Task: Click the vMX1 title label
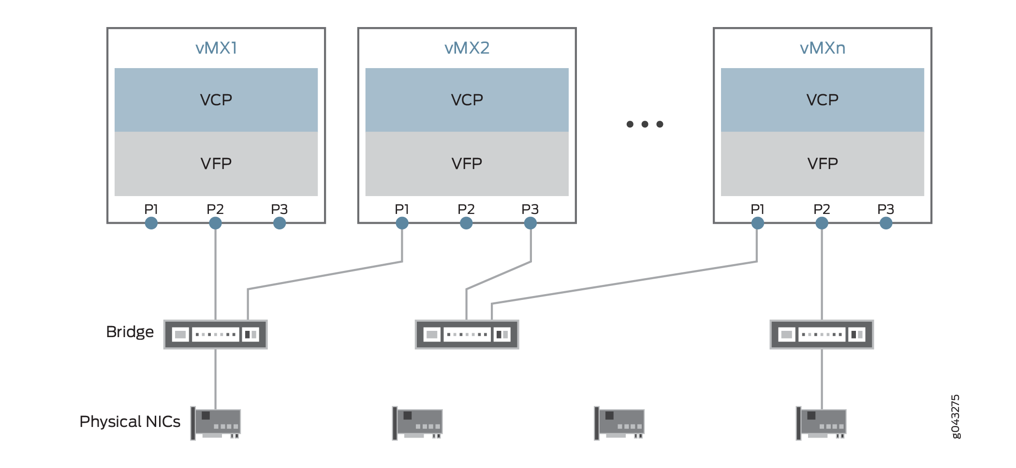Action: (216, 48)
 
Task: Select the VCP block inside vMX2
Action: (467, 99)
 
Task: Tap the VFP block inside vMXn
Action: (822, 164)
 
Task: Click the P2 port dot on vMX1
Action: (215, 223)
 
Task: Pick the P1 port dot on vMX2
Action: (402, 223)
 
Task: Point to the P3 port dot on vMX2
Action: (530, 223)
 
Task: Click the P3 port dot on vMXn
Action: (886, 223)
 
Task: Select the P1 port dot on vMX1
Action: (151, 223)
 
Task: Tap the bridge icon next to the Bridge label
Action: (216, 334)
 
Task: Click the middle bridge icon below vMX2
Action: (467, 334)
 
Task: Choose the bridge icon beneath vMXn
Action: (822, 334)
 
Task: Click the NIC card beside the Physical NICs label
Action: (216, 423)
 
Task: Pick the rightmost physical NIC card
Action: (822, 423)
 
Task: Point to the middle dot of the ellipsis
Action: (645, 124)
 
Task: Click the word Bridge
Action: (130, 332)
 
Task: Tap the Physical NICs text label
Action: (130, 422)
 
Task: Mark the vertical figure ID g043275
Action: (955, 416)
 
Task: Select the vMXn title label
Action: (822, 48)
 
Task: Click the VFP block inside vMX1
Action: (216, 164)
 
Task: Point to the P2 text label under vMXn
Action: (822, 209)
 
